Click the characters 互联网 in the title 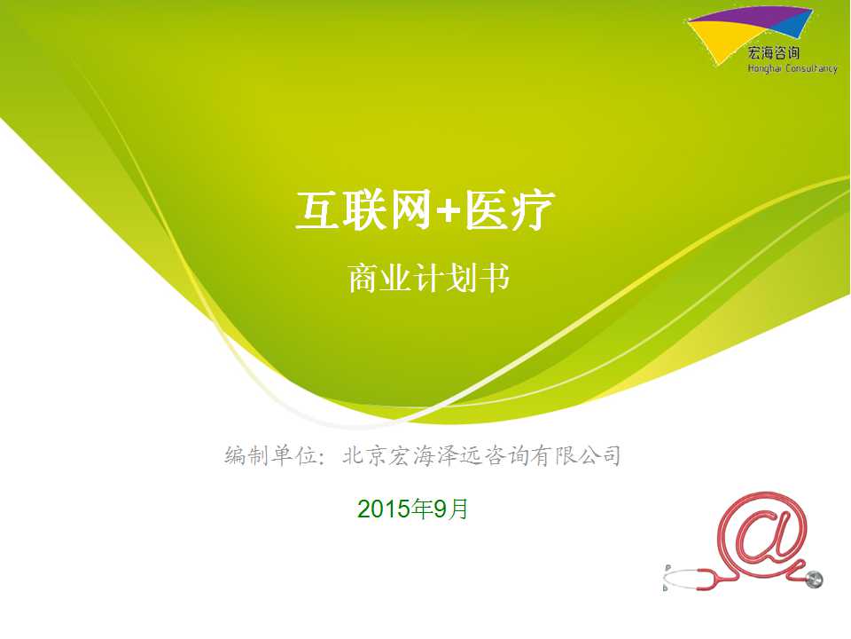coord(363,209)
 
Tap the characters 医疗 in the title coord(509,209)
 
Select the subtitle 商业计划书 coord(428,278)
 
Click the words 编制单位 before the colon coord(270,455)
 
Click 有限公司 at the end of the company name coord(575,455)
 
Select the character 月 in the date coord(458,509)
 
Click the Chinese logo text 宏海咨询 coord(773,52)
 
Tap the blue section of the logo coord(799,26)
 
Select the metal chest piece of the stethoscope coord(814,580)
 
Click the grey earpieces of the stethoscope coord(667,577)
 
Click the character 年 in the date coord(422,509)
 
